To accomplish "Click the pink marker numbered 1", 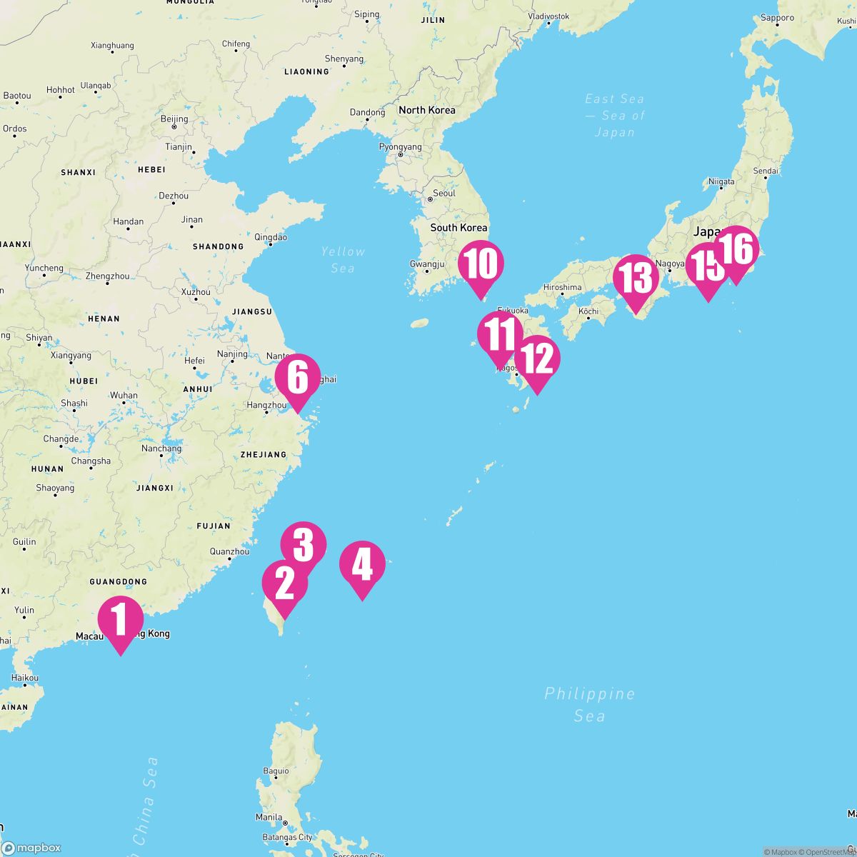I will [x=121, y=620].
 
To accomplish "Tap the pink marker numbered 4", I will [x=362, y=564].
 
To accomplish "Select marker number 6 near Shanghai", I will [x=298, y=379].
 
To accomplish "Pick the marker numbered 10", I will [x=481, y=265].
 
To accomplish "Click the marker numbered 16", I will [x=736, y=250].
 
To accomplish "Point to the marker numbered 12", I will [x=537, y=359].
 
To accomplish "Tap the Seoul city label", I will [x=443, y=194].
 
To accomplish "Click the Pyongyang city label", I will [x=400, y=147].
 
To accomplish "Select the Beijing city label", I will [x=174, y=119].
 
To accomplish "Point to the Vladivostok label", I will [x=548, y=16].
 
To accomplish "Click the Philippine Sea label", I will [x=589, y=704].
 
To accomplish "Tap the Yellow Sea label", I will [x=343, y=259].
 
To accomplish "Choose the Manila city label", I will [x=269, y=817].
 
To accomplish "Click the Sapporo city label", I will [x=777, y=18].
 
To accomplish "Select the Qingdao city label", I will [x=271, y=237].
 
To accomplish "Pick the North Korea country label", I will [x=426, y=110].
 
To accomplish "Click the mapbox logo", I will [x=31, y=848].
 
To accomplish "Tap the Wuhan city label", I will [x=124, y=395].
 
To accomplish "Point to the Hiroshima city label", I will [x=562, y=287].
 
